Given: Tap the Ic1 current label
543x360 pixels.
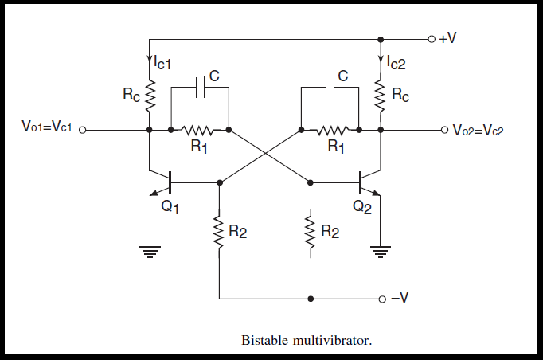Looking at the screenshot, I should tap(165, 61).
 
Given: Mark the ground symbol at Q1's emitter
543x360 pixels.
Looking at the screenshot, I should tap(150, 252).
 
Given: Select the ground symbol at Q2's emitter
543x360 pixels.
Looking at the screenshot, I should tap(381, 252).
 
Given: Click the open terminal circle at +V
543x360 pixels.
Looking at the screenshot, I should tap(431, 38).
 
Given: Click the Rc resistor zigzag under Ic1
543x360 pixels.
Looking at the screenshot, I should tap(150, 95).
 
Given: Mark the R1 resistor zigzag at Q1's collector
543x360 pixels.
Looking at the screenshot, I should tap(198, 129).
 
